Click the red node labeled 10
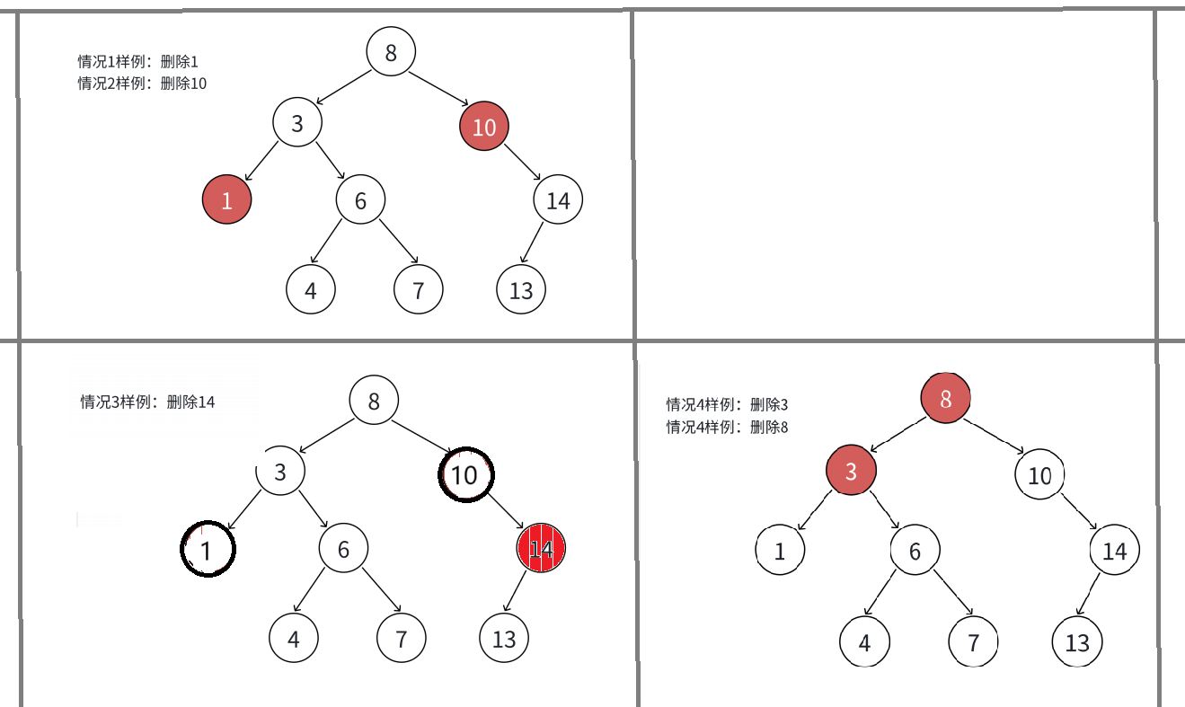tap(484, 127)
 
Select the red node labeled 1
tap(226, 199)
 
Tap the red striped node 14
tap(541, 549)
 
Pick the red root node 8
tap(945, 399)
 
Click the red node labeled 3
tap(850, 471)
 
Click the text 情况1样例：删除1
tap(137, 62)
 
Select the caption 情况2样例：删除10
tap(142, 84)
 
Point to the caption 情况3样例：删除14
tap(147, 402)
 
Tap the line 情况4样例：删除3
tap(726, 404)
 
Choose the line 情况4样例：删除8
tap(726, 427)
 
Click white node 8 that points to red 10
tap(391, 52)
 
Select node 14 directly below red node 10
tap(558, 199)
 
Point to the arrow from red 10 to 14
tap(521, 163)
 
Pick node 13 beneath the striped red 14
tap(504, 638)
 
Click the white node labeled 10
tap(1039, 475)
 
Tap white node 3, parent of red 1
tap(297, 124)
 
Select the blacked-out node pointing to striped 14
tap(465, 474)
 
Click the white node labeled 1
tap(779, 551)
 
